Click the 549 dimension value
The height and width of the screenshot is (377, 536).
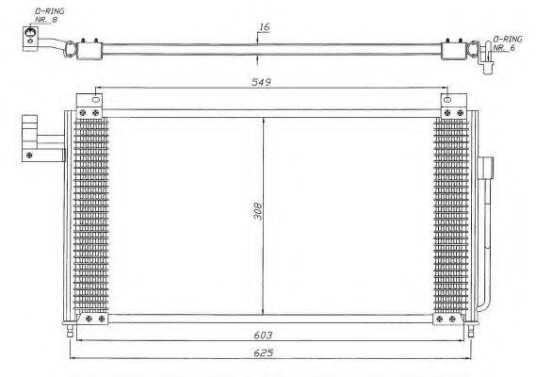coord(262,83)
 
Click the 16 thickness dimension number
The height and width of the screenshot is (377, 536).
coord(264,27)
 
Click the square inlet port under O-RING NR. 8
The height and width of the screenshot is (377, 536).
coord(31,37)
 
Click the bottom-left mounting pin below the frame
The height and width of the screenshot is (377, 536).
coord(70,331)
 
